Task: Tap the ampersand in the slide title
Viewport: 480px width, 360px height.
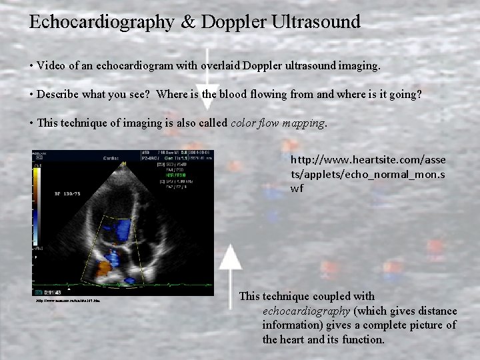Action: coord(186,22)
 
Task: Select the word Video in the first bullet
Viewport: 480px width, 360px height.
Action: coord(51,65)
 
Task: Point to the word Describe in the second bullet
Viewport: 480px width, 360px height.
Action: coord(58,94)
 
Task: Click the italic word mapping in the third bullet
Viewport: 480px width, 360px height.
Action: coord(304,123)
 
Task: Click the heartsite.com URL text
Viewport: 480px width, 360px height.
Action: coord(368,174)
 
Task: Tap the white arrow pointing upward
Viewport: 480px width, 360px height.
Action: coord(231,266)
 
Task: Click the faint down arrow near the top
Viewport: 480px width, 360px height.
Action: coord(209,73)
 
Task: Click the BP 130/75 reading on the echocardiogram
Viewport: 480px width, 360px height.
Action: coord(68,194)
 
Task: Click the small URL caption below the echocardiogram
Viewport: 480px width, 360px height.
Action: coord(68,301)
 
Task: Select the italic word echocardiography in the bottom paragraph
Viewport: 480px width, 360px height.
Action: coord(306,311)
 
